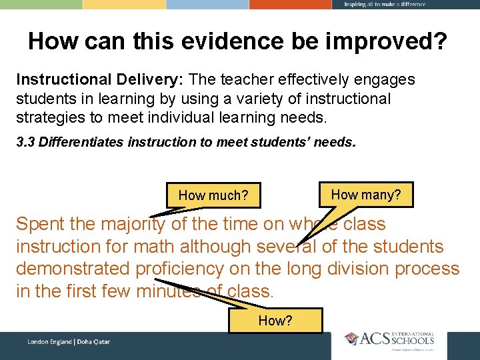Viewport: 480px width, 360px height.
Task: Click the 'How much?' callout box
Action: pyautogui.click(x=213, y=195)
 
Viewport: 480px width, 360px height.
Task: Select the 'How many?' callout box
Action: pyautogui.click(x=366, y=195)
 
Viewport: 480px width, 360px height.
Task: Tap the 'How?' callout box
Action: pyautogui.click(x=275, y=321)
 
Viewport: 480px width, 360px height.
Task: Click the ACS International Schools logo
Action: pyautogui.click(x=390, y=339)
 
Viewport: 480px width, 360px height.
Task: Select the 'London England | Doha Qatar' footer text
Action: pyautogui.click(x=69, y=342)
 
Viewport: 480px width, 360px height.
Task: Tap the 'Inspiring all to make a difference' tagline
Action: pyautogui.click(x=385, y=5)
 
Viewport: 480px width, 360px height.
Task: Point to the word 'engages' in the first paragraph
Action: pyautogui.click(x=387, y=80)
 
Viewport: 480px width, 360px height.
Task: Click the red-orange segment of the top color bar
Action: pyautogui.click(x=291, y=4)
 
